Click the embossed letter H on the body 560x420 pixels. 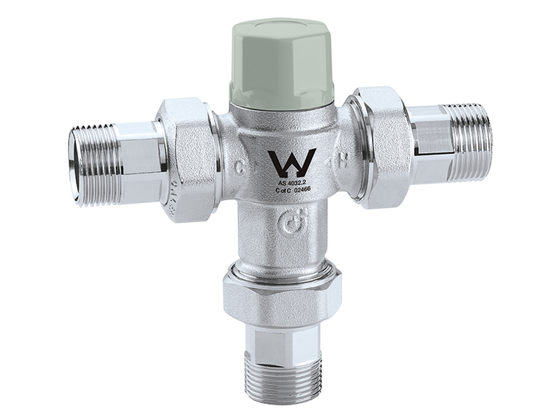[x=347, y=162]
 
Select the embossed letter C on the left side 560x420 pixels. [x=240, y=166]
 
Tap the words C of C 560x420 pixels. [x=283, y=190]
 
